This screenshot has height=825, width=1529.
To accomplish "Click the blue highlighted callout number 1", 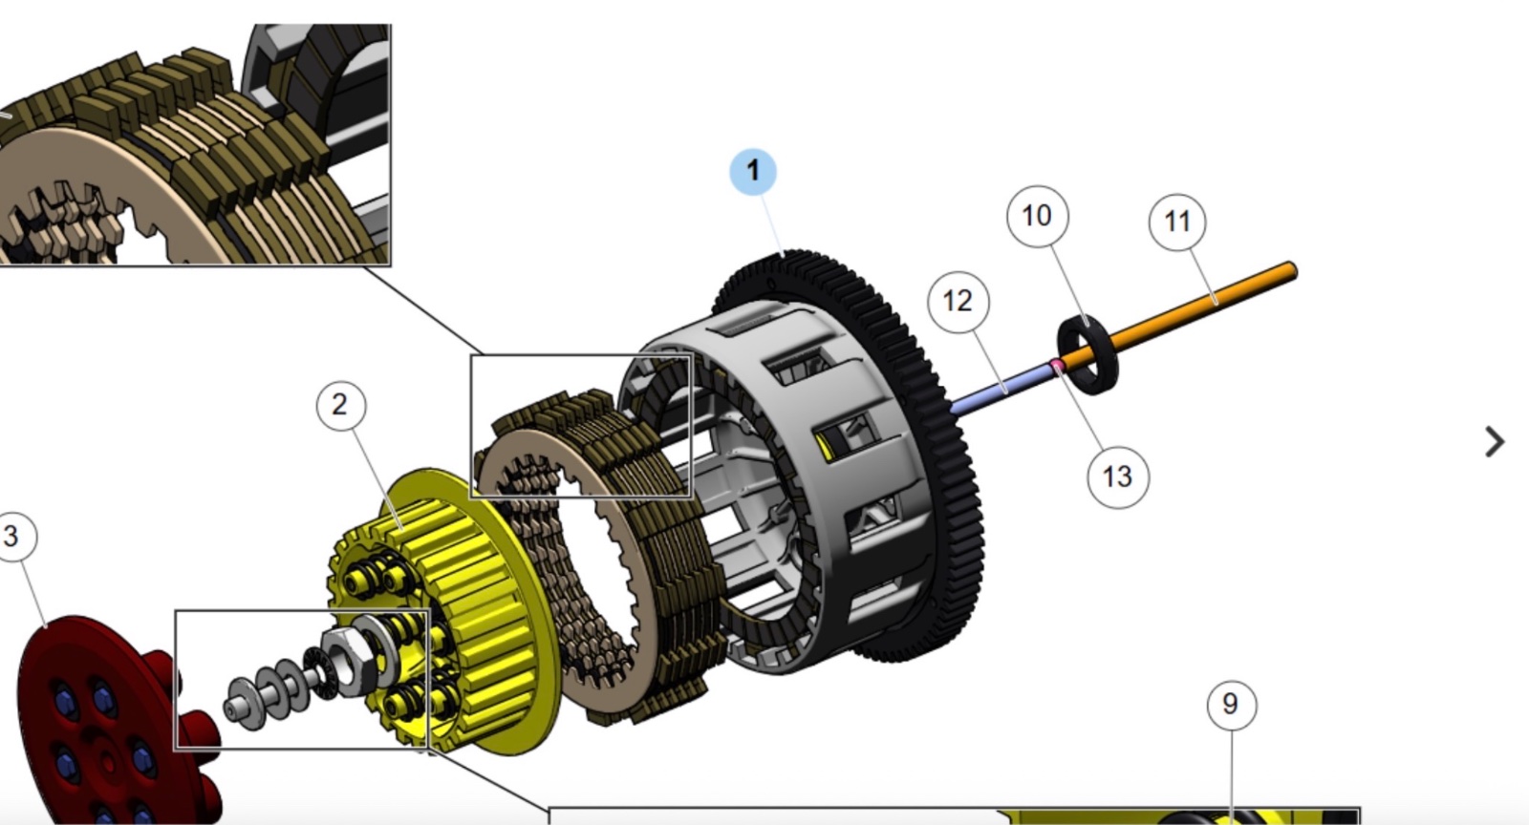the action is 753,171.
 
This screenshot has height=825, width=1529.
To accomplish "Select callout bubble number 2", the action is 340,406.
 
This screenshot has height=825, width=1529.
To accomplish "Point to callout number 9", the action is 1231,705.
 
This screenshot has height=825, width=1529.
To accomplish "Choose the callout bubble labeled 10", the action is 1038,216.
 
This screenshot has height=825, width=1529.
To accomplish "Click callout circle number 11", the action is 1177,222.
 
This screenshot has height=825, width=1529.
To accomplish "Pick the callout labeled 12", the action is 958,302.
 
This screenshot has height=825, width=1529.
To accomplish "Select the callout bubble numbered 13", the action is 1117,477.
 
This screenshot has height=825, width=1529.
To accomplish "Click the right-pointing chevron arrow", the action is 1495,442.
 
